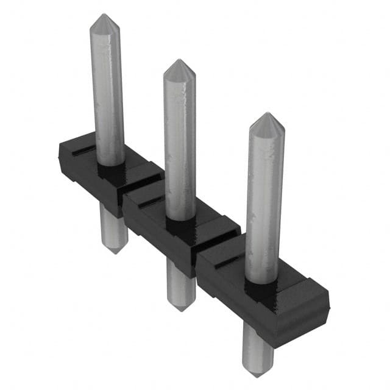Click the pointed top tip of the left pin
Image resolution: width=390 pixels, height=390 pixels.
pos(105,15)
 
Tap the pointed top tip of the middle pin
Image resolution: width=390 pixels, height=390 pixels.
pos(179,61)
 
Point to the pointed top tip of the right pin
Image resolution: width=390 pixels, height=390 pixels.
pos(266,114)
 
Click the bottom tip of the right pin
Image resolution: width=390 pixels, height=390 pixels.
pos(257,374)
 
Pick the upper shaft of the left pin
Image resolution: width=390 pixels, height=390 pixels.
pos(108,91)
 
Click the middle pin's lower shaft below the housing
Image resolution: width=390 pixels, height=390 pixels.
pos(181,283)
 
